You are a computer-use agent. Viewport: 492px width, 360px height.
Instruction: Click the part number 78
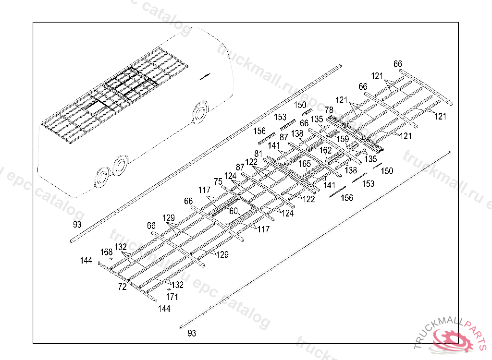point(329,110)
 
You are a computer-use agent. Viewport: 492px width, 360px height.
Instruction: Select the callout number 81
point(258,154)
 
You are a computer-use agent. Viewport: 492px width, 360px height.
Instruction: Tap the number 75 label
point(218,181)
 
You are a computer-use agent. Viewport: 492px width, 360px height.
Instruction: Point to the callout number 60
point(234,211)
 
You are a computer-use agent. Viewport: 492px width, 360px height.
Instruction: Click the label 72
point(123,287)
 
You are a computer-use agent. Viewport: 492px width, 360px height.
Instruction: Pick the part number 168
point(106,252)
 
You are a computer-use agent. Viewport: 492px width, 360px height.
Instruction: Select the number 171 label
point(172,297)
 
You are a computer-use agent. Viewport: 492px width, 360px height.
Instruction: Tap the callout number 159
point(342,140)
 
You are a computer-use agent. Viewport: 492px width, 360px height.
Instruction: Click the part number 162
point(326,150)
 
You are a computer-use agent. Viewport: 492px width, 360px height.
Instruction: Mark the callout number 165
point(305,164)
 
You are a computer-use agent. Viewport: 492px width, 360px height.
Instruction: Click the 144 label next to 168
point(86,261)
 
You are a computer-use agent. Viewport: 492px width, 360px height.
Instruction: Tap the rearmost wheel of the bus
point(102,178)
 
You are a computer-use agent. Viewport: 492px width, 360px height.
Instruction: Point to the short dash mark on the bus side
point(205,75)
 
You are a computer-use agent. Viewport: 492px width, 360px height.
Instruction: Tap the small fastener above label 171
point(169,290)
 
